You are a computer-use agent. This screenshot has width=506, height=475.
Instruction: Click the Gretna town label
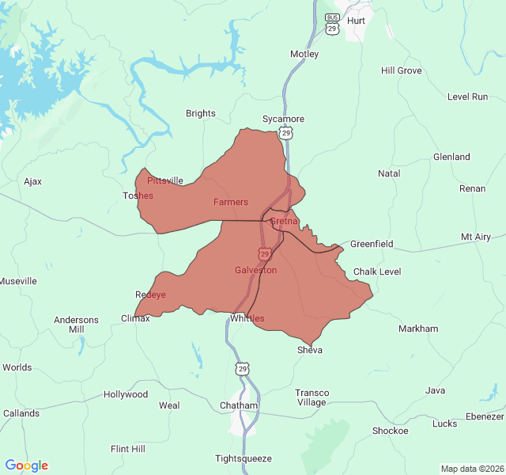284,221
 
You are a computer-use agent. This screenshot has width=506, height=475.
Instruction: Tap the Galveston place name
255,270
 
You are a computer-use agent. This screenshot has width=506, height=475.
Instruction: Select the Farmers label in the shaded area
230,202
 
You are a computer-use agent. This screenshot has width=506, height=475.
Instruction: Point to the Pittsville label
165,180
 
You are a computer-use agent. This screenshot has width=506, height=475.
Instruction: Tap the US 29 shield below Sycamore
286,134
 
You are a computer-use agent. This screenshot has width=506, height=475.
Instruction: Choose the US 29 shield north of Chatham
241,369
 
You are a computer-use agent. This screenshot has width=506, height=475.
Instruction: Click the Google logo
27,465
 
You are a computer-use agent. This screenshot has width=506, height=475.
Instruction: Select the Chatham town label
239,405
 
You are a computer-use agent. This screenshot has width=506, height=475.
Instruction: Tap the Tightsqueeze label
244,458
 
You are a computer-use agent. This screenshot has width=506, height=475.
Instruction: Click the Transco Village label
312,397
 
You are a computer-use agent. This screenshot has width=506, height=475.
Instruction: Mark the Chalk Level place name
377,272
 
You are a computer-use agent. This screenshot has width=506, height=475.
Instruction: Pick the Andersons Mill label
76,325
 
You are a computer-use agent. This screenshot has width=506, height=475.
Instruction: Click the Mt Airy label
476,237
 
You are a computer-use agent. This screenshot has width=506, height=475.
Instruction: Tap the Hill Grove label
401,70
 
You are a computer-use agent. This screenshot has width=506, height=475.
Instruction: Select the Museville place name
18,281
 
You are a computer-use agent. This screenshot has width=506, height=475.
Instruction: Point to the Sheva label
310,350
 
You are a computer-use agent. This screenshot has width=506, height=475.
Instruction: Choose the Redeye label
150,294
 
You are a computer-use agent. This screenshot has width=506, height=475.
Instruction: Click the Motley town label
304,54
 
